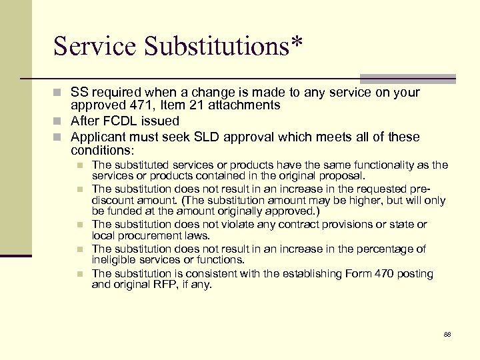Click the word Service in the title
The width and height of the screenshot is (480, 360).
(96, 46)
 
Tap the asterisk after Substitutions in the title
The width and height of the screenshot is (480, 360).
(295, 43)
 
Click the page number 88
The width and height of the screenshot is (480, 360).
(447, 333)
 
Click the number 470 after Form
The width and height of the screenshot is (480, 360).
(370, 274)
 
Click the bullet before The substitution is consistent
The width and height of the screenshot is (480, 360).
(79, 274)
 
